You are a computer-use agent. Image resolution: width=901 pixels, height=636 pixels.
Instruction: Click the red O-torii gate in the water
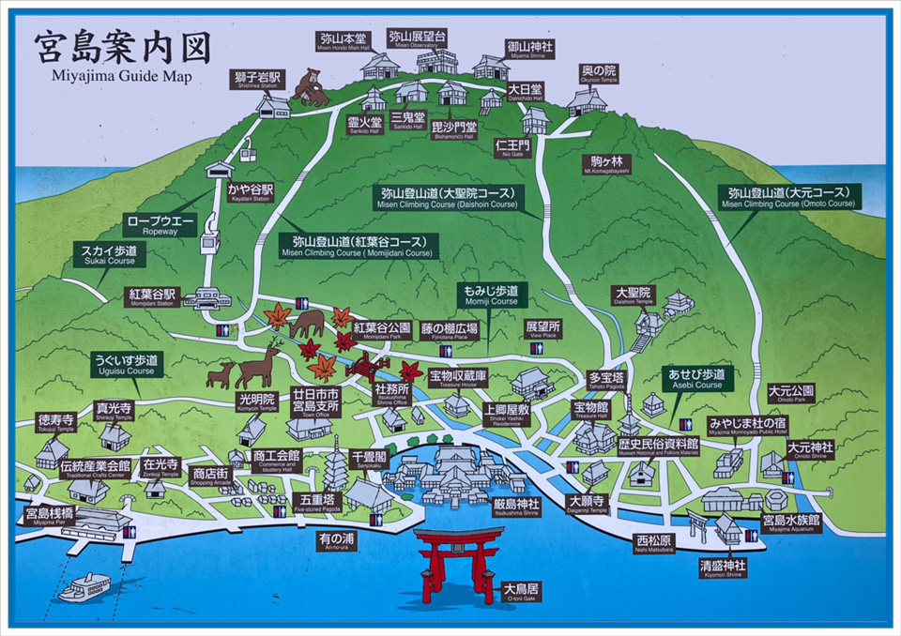click(x=457, y=564)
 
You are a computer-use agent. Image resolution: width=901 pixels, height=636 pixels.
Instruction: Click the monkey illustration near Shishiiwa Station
click(x=311, y=86)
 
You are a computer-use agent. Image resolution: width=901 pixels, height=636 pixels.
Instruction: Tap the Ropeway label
click(x=160, y=225)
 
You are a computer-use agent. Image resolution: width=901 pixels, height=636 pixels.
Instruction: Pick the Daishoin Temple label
click(x=633, y=296)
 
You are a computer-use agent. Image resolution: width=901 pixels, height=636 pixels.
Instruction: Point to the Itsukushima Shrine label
click(x=516, y=507)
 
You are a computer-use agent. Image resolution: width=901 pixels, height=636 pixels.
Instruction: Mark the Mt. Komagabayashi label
click(x=606, y=164)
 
